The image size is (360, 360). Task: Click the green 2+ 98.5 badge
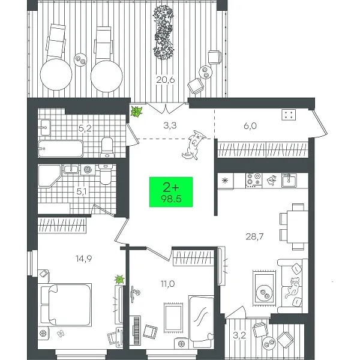point(171,192)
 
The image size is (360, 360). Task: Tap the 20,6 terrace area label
point(166,80)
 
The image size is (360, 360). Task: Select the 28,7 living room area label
point(254,236)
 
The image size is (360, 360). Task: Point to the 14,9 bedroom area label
point(84,259)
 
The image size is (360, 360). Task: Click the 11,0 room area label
point(167,284)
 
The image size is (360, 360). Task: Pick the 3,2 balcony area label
point(239,335)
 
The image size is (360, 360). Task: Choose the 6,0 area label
point(250,126)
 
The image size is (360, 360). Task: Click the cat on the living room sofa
point(292,287)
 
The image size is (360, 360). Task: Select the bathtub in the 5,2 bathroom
point(61,149)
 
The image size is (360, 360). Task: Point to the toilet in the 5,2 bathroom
point(107,148)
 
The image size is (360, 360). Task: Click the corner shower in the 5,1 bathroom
point(49,176)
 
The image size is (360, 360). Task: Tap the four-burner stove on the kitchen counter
point(254,179)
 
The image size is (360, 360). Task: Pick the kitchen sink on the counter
point(289,181)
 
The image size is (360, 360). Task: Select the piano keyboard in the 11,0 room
point(137,330)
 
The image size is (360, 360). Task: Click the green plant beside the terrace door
point(136,112)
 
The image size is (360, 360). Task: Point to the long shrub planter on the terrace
point(163,32)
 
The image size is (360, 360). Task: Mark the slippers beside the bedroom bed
point(61,333)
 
